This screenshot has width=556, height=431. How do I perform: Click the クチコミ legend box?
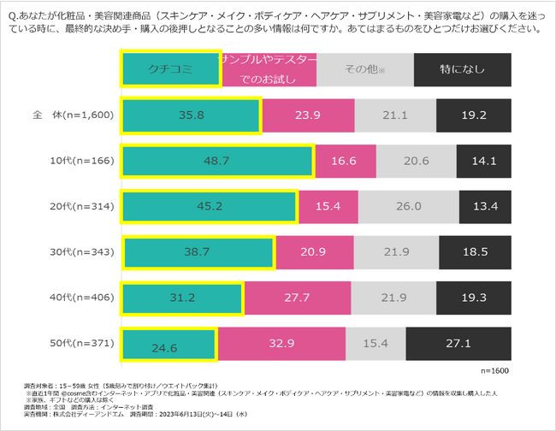(x=169, y=68)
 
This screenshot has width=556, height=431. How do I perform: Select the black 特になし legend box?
(x=463, y=68)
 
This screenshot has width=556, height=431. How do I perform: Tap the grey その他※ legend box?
(x=364, y=68)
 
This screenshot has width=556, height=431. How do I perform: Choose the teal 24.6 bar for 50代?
(x=169, y=347)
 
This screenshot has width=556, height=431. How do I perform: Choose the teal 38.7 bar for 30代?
(x=198, y=254)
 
